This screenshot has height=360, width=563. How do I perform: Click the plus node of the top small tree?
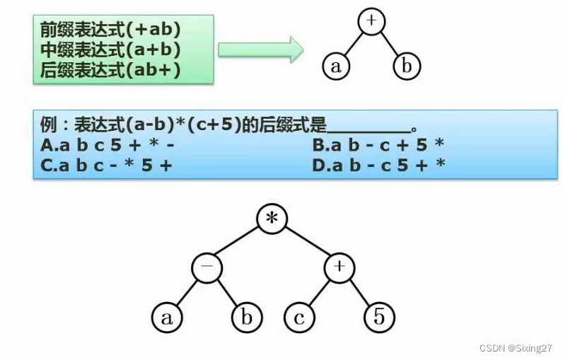pos(372,21)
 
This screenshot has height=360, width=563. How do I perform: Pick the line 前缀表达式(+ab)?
pos(110,32)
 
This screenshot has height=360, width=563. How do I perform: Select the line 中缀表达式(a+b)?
pos(110,50)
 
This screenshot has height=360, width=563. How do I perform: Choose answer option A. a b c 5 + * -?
pos(108,146)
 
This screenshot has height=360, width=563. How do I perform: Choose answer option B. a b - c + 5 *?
pos(378,146)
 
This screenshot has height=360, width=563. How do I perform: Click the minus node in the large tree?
pos(207,269)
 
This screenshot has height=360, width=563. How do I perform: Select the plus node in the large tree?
pos(339,269)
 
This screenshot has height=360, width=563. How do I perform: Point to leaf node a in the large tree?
pos(167,318)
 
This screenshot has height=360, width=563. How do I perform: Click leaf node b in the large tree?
pos(246,318)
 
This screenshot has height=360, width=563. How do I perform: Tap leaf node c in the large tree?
pos(299,318)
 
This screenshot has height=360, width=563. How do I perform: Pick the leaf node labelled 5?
pos(379,318)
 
